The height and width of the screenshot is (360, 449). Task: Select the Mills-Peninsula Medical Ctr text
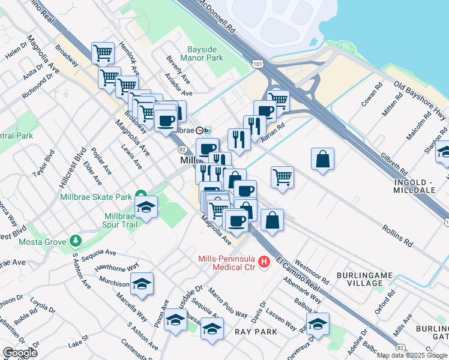click(x=226, y=262)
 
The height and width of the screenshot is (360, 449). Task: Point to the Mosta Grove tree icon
click(x=75, y=241)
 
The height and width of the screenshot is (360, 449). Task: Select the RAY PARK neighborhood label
click(x=256, y=332)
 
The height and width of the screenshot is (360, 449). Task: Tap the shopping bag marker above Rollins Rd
click(x=322, y=159)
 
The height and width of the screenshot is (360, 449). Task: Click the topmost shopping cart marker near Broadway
click(x=103, y=53)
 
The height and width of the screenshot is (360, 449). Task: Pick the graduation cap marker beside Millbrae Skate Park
click(x=146, y=208)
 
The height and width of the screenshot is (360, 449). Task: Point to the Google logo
click(x=20, y=353)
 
